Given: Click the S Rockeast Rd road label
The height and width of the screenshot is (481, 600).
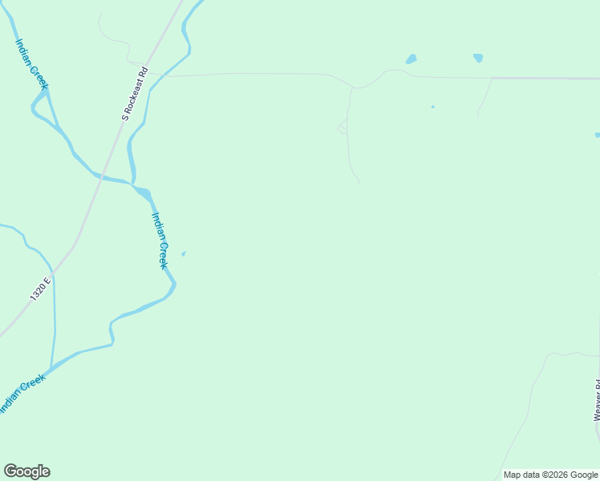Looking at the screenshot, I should [x=136, y=93].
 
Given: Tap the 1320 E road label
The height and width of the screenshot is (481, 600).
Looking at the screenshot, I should [x=40, y=289].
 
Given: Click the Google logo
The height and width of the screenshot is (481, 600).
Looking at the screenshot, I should [x=27, y=471].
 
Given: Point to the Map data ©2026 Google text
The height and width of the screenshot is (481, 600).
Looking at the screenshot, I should [x=550, y=475].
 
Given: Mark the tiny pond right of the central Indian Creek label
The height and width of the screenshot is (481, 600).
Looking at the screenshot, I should [x=184, y=254].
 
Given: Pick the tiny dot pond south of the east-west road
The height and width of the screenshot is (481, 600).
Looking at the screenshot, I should [x=432, y=107].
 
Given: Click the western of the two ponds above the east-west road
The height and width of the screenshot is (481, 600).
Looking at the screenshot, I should [x=411, y=59].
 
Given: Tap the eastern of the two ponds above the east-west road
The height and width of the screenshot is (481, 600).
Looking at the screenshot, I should [x=478, y=57].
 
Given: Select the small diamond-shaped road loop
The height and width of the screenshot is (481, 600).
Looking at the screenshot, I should [x=343, y=127].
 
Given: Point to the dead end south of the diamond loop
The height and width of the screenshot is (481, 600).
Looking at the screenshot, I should [x=358, y=182].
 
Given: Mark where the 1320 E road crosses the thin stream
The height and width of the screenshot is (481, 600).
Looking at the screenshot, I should [x=53, y=271].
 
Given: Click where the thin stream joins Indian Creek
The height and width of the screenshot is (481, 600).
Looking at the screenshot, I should [x=51, y=369].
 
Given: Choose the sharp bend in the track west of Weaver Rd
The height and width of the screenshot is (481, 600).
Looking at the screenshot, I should [x=547, y=355].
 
